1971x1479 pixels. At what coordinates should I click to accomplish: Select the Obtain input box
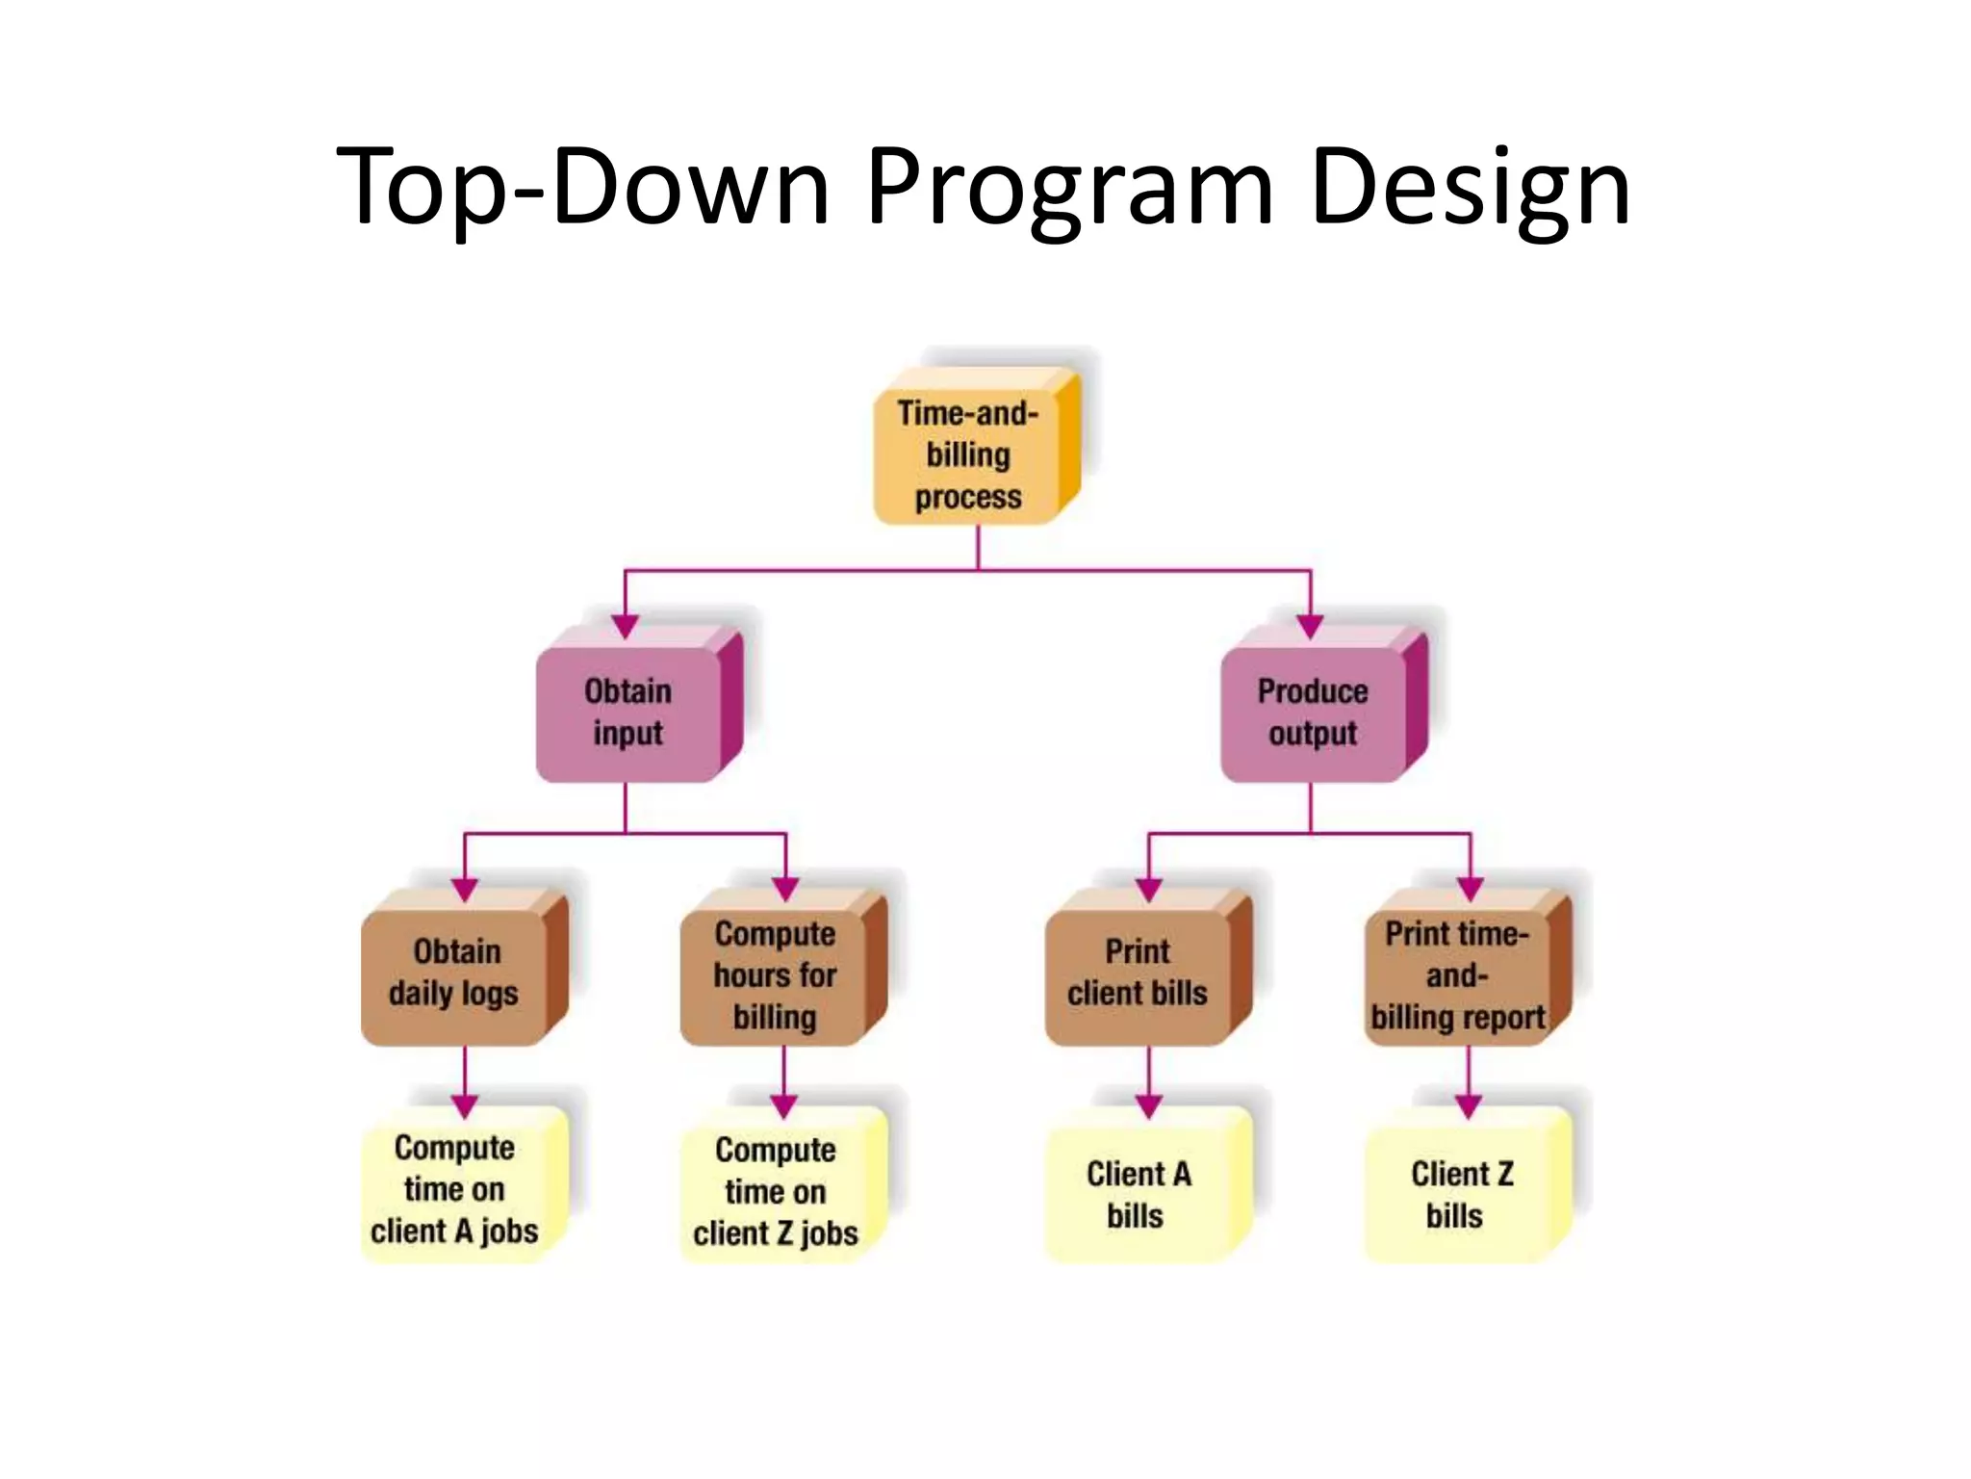[x=628, y=713]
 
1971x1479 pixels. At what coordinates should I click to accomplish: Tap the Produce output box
[x=1313, y=713]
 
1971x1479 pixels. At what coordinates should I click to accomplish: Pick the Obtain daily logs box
[x=454, y=973]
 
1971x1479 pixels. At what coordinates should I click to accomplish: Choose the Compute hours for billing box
[x=775, y=974]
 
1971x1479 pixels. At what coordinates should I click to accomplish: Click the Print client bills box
[x=1138, y=973]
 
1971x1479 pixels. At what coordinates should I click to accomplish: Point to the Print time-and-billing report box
[x=1457, y=974]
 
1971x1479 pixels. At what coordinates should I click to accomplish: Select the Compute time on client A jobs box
[x=454, y=1189]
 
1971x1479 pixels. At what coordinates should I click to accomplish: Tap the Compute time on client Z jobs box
[x=775, y=1191]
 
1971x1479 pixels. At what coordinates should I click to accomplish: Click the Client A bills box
[x=1138, y=1194]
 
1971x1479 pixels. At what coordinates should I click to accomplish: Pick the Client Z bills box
[x=1459, y=1194]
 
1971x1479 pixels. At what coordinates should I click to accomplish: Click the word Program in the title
[x=1069, y=188]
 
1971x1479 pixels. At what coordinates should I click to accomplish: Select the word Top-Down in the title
[x=583, y=188]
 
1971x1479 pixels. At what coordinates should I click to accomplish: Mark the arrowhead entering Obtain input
[x=626, y=626]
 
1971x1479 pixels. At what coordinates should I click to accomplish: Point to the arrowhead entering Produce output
[x=1310, y=626]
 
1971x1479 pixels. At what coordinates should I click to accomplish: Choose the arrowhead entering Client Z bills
[x=1469, y=1106]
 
